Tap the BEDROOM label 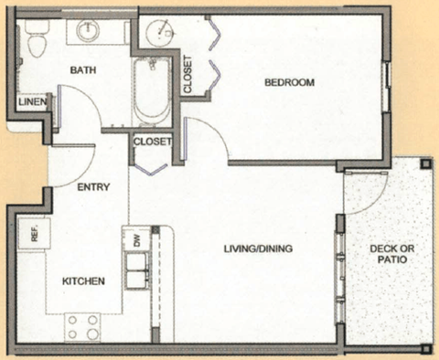tap(289, 83)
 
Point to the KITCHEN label tap(82, 281)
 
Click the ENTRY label tap(93, 187)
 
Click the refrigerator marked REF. tap(34, 235)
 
